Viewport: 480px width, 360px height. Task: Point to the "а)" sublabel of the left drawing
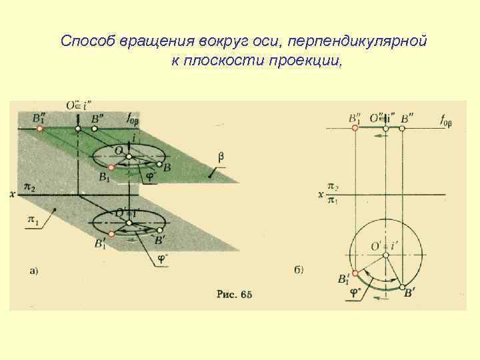click(34, 270)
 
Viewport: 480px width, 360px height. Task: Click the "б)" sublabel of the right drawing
click(298, 270)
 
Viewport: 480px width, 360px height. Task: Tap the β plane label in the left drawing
click(222, 157)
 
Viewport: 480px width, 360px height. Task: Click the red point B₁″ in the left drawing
click(41, 127)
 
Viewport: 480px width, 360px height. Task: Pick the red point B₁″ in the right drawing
click(355, 127)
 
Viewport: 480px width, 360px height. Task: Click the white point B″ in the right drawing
click(402, 127)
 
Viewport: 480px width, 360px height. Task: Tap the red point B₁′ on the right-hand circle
click(355, 273)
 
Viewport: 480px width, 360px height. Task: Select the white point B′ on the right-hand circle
click(402, 287)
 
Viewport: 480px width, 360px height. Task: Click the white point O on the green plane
click(129, 157)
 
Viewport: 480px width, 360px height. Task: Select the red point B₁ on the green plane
click(111, 167)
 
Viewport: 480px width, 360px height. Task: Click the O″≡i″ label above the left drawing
click(79, 104)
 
